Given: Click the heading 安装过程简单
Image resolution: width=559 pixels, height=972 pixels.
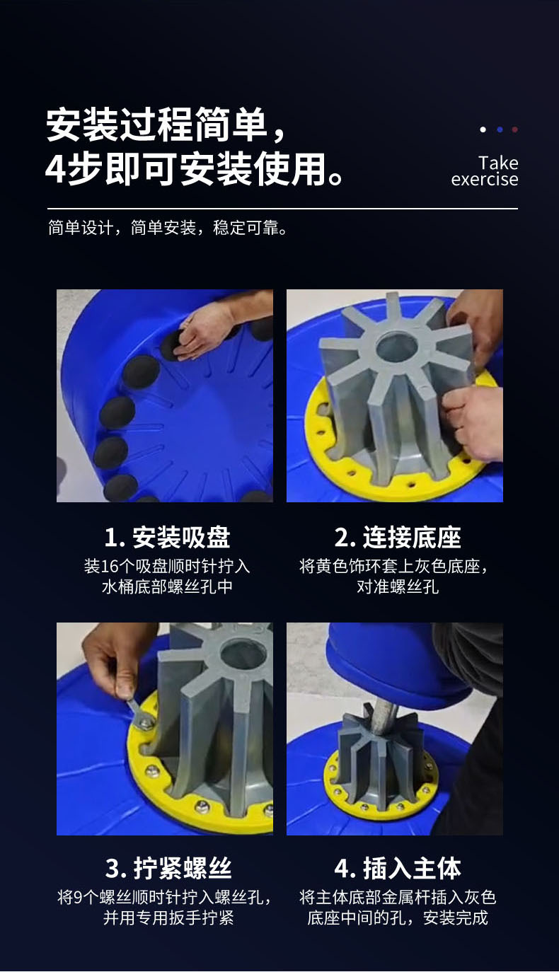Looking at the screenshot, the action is [156, 125].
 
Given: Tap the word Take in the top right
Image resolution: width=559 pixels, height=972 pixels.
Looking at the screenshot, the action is [498, 163].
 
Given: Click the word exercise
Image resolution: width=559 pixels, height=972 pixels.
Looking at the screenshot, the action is [485, 179].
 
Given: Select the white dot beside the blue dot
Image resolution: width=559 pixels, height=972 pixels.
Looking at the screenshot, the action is [483, 129].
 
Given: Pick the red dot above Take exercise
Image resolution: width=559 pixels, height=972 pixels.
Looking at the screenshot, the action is [514, 129].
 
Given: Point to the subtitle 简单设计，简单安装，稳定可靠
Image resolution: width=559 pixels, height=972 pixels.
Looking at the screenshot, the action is [168, 228].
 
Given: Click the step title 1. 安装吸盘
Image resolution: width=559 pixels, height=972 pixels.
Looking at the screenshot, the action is [167, 537].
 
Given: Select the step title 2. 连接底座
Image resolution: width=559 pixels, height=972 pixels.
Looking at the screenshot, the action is [398, 537].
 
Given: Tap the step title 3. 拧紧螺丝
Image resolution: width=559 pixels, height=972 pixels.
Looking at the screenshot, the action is [168, 868].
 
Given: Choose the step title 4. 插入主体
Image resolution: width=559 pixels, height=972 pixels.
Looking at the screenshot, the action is [398, 868].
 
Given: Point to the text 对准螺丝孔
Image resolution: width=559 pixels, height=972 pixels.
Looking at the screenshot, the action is [398, 586].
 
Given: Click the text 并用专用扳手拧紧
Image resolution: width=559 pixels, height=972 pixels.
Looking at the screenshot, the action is [168, 918].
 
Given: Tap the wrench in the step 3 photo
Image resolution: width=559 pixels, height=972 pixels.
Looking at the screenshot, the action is [140, 712].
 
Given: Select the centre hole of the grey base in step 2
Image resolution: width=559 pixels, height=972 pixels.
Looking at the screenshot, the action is [397, 347].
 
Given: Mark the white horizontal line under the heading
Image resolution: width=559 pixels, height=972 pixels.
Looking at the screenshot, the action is [282, 209].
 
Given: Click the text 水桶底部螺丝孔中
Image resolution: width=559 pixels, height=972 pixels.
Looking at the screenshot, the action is [167, 586].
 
